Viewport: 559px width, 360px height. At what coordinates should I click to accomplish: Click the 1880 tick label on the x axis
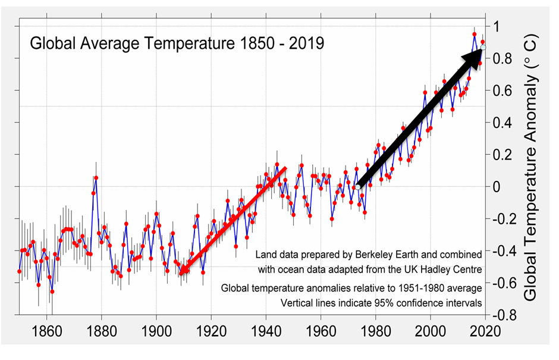click(101, 328)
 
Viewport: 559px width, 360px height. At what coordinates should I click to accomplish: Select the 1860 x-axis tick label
click(46, 328)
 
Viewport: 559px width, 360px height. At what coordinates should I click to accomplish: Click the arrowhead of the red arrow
click(181, 273)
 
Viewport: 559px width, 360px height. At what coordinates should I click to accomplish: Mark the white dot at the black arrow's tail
click(359, 188)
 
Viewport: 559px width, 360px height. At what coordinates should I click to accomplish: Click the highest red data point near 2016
click(475, 34)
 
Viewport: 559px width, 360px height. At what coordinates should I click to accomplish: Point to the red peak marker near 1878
click(96, 178)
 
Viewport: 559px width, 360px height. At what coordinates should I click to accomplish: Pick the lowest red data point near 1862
click(52, 292)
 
